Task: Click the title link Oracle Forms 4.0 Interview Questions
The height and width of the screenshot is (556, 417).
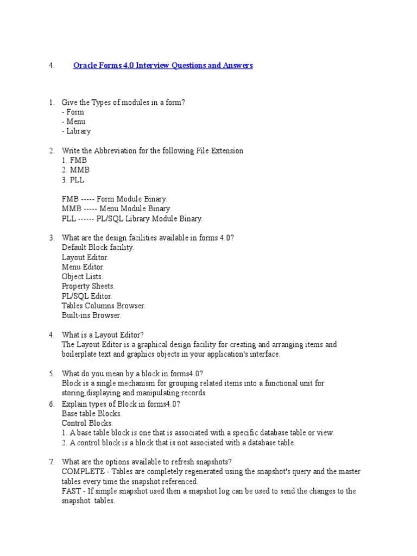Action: tap(163, 66)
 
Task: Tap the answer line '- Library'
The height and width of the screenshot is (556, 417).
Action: tap(77, 131)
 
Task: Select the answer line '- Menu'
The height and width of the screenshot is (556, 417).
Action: tap(74, 122)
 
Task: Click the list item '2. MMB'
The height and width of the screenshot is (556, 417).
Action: tap(75, 170)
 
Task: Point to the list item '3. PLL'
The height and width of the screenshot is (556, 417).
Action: tap(73, 180)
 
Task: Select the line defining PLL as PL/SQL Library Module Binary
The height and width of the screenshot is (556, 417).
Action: tap(132, 219)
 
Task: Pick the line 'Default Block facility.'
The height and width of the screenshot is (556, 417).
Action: tap(98, 247)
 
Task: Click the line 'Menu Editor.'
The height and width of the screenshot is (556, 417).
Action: tap(83, 267)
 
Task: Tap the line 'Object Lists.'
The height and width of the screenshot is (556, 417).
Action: tap(83, 276)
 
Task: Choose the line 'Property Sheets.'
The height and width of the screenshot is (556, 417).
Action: tap(89, 286)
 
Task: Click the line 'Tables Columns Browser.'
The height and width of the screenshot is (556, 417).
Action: tap(104, 306)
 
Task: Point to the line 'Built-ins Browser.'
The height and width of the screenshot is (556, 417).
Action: tap(92, 315)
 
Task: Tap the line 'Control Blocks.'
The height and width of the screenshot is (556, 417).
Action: tap(87, 423)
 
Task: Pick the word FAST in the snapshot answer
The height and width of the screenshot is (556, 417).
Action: tap(71, 491)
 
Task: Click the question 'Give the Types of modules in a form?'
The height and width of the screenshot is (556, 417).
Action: tap(124, 102)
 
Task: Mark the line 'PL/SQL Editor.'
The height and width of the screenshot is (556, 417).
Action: tap(87, 296)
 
